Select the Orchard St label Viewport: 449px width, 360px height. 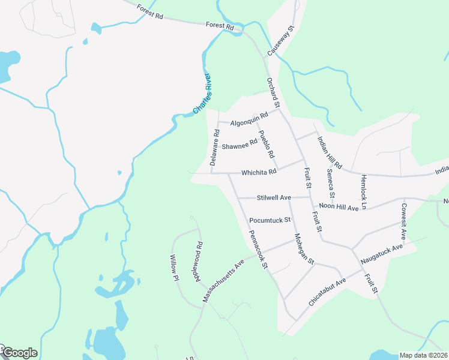[x=274, y=90]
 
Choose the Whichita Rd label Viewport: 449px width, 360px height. [x=259, y=172]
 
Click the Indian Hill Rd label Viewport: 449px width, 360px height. [x=330, y=154]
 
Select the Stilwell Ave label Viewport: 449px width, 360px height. [x=274, y=197]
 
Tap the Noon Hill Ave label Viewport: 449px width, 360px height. [x=339, y=207]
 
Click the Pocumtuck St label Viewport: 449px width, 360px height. [x=270, y=220]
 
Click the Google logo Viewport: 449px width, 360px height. [x=19, y=353]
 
